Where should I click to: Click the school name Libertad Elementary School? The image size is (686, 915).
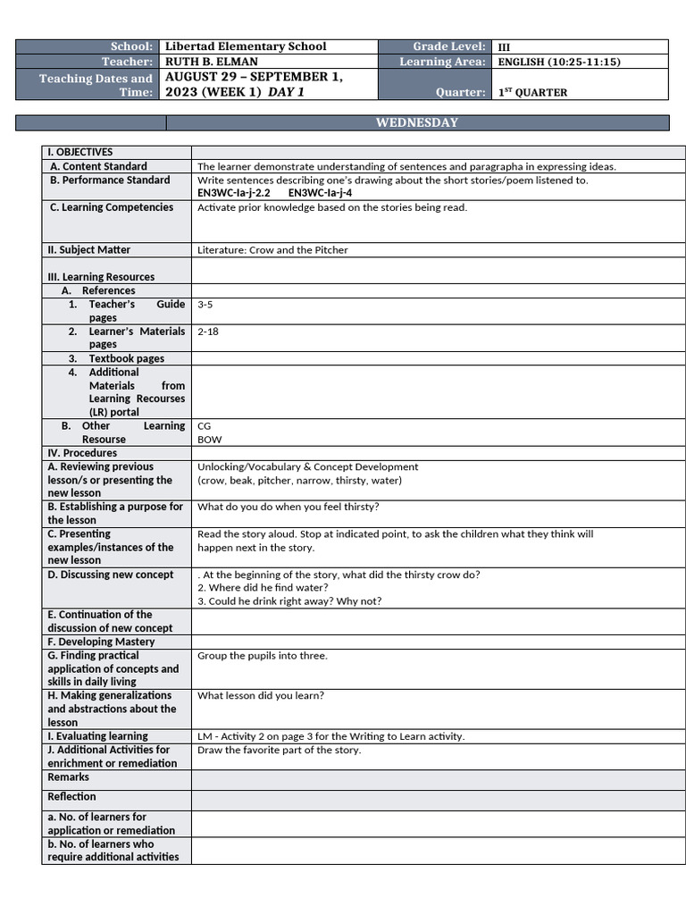[246, 46]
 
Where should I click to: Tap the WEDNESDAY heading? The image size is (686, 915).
[417, 122]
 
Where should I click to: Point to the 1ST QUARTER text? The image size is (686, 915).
[532, 92]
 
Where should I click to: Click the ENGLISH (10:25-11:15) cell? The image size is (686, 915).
[558, 62]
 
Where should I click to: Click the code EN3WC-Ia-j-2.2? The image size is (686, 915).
[234, 192]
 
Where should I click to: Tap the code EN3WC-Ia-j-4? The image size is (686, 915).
[320, 192]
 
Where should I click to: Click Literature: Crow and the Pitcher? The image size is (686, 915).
[272, 250]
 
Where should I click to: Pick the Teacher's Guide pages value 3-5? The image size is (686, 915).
[205, 305]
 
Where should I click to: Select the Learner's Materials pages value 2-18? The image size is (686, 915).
[208, 332]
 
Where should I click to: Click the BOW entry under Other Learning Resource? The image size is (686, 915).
[210, 440]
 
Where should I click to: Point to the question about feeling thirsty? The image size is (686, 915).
[288, 507]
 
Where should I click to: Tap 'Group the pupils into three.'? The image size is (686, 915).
[263, 656]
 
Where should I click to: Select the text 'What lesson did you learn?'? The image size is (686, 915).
[261, 695]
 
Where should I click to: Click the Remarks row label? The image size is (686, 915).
[69, 777]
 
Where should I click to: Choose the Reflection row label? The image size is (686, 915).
[71, 797]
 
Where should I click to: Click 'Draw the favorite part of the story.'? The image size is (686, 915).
[279, 750]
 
